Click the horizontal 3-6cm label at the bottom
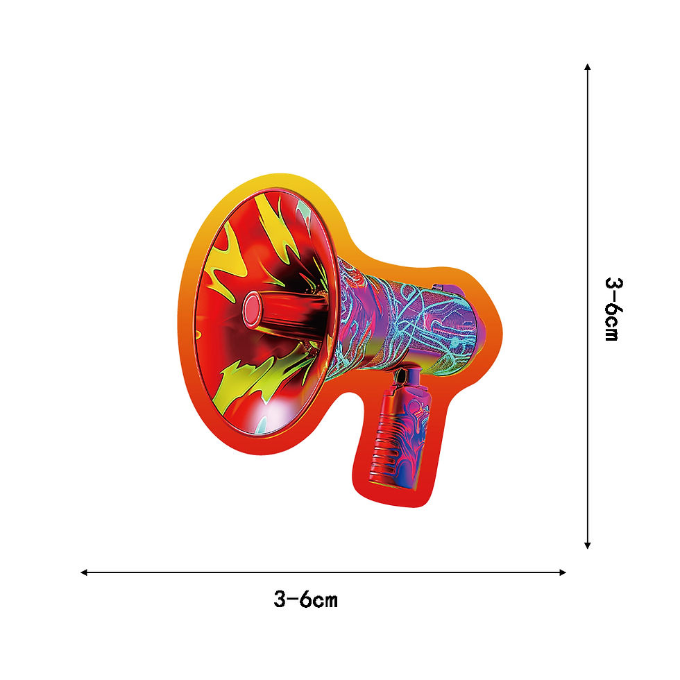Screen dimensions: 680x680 (306, 600)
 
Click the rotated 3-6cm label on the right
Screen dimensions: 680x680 (613, 309)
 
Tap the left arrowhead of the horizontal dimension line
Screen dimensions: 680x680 (84, 572)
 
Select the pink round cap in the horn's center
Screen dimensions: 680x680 (252, 309)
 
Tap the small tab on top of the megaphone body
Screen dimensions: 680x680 (437, 287)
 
